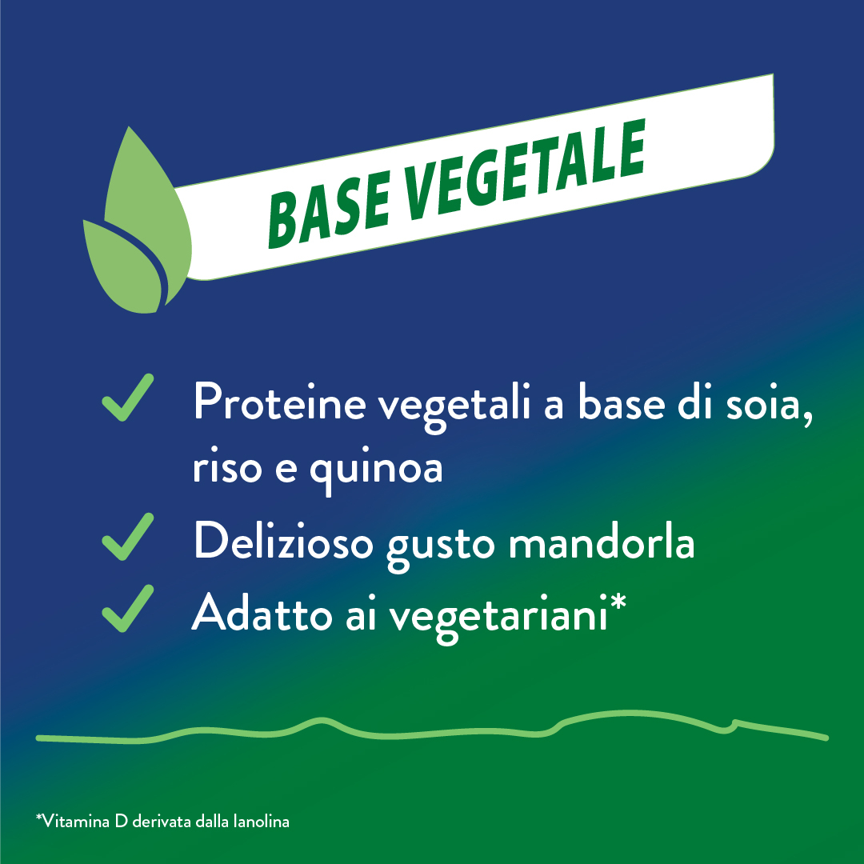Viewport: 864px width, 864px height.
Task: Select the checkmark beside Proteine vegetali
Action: coord(128,398)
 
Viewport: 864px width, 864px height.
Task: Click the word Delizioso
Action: coord(283,542)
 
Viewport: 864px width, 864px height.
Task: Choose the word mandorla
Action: coord(601,542)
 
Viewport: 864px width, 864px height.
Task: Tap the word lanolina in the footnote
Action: coord(261,821)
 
